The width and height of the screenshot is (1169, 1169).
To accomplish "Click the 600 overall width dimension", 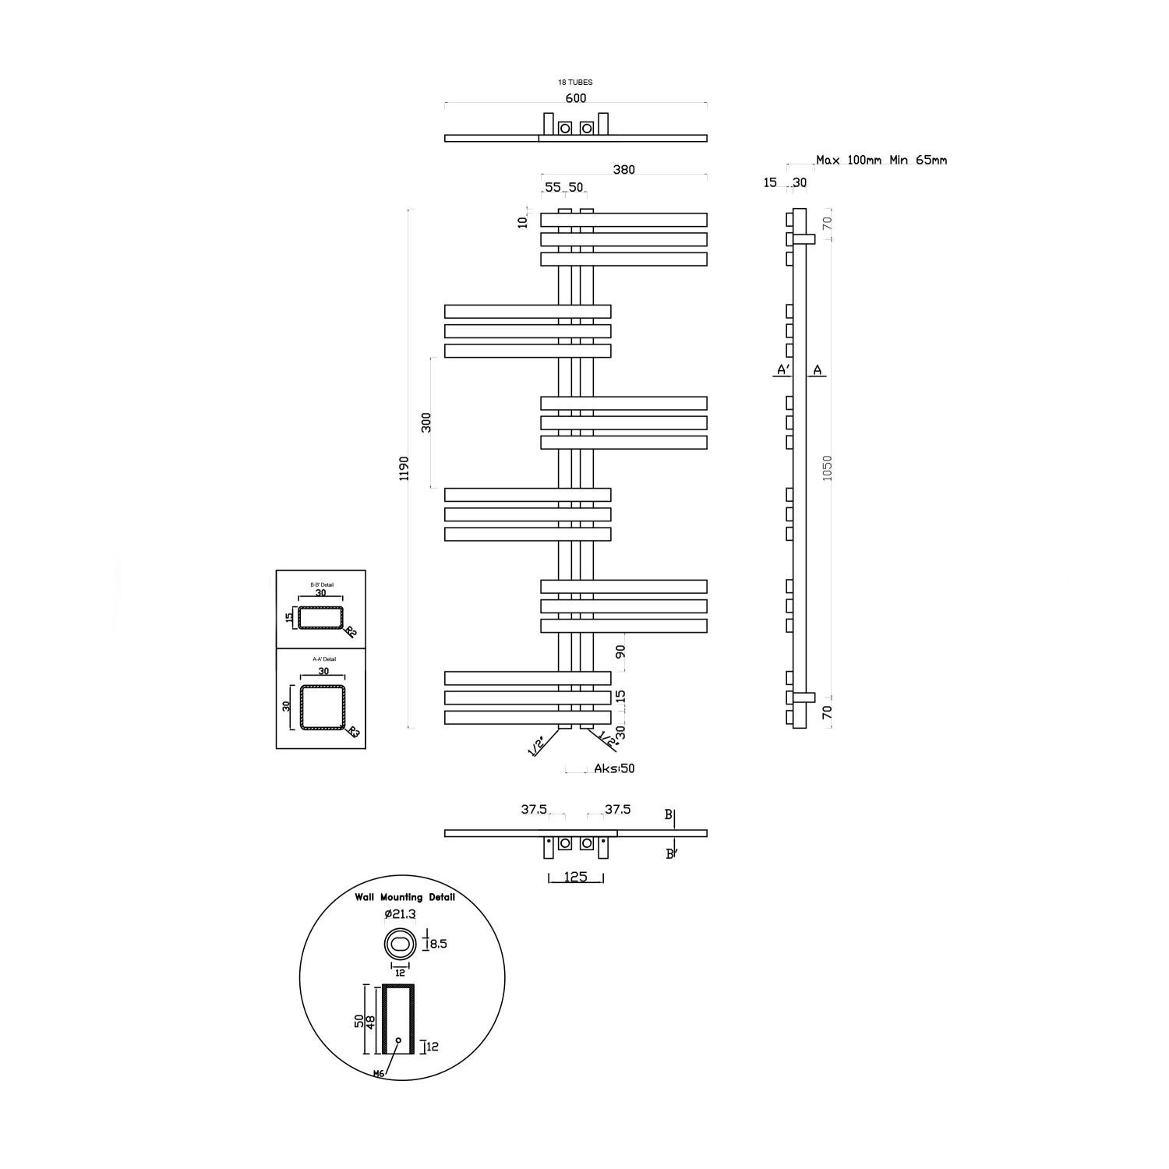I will (x=575, y=98).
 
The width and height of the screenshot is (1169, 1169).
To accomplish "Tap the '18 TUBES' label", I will (x=575, y=82).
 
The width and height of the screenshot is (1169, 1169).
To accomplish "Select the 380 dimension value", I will (x=623, y=170).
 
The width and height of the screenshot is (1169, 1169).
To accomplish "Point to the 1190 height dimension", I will (x=403, y=468).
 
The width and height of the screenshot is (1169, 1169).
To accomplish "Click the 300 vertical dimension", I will (x=426, y=422).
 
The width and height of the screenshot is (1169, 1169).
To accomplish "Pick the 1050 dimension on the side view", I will (x=828, y=468).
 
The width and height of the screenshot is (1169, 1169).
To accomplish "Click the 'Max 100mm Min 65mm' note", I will (x=881, y=161).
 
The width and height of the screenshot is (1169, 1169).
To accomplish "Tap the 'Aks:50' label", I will (x=614, y=768).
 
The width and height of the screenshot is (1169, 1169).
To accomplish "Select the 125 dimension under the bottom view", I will (x=575, y=878).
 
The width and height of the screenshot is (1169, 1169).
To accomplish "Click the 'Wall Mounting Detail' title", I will (x=404, y=897).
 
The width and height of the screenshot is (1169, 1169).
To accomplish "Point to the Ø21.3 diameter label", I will (x=400, y=914).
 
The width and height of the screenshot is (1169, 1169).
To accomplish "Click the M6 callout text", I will (x=379, y=1073).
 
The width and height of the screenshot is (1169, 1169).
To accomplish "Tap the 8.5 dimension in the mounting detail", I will (x=438, y=944).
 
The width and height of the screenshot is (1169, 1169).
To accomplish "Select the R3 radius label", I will (x=353, y=732).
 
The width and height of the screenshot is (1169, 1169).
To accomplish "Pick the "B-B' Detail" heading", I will (x=321, y=584).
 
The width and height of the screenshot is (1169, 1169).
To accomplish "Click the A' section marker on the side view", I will (x=783, y=370).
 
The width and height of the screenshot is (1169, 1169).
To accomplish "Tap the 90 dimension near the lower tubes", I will (x=621, y=652).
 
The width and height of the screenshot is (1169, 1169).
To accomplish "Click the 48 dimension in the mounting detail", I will (x=371, y=1021).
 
